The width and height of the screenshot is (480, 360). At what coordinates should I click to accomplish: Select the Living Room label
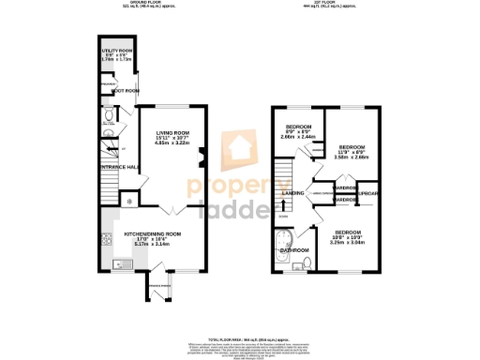tap(172, 133)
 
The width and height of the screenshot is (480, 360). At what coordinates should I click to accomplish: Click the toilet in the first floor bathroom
tap(307, 264)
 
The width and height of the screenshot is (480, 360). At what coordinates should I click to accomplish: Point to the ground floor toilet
tap(109, 117)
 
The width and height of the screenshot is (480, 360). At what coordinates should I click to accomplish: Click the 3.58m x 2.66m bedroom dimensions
tap(352, 158)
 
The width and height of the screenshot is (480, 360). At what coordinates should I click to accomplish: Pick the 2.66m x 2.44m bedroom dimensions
tap(299, 138)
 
